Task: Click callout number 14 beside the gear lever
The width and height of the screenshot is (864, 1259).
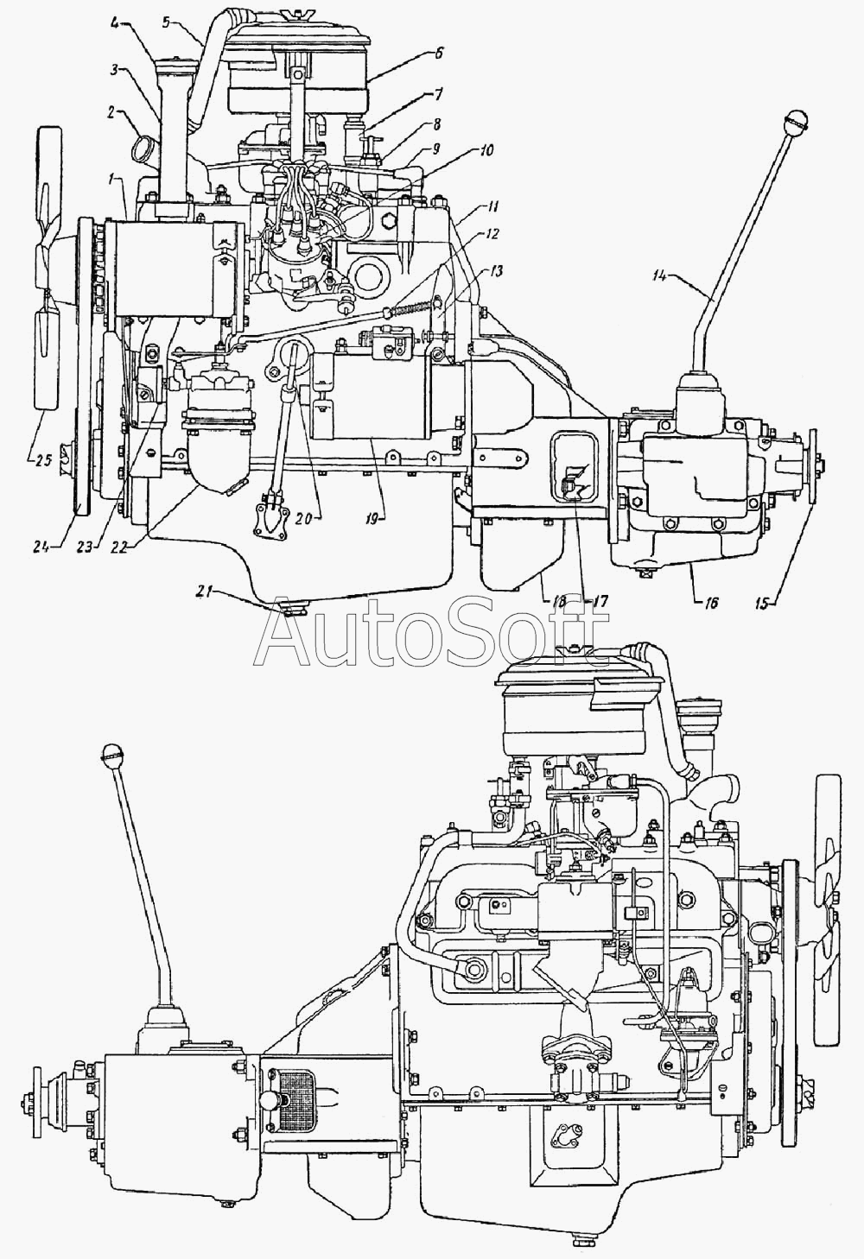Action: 677,276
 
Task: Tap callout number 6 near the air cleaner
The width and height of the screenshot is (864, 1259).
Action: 438,54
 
